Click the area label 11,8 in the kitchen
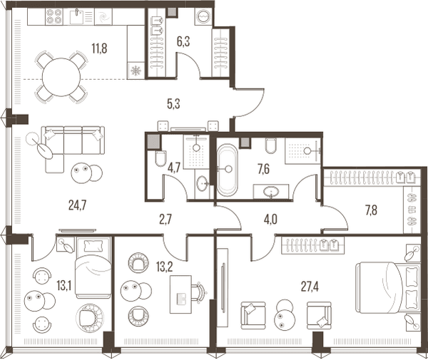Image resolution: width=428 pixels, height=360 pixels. [99, 48]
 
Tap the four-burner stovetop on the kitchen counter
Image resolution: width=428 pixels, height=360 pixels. [53, 16]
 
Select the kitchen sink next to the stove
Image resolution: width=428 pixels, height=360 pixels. [76, 16]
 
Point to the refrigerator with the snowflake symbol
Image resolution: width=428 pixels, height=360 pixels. [136, 71]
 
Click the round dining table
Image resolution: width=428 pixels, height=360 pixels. [61, 77]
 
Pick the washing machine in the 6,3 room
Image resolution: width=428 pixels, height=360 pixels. [203, 16]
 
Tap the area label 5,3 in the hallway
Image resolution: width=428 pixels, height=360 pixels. [173, 104]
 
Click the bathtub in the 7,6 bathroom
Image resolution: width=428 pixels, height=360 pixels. [227, 170]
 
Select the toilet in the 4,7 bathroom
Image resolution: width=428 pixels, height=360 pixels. [160, 158]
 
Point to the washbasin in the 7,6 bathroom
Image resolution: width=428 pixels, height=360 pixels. [271, 192]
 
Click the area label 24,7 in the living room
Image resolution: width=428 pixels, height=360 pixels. [78, 205]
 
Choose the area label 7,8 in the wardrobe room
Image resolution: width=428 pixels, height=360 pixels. [371, 210]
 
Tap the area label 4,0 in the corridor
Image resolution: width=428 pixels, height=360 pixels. [270, 220]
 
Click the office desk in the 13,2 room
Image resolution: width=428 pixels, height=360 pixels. [180, 294]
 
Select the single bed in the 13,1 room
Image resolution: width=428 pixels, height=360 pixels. [93, 267]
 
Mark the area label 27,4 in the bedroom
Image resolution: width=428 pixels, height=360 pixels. [310, 287]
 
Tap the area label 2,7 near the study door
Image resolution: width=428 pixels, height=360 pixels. [165, 220]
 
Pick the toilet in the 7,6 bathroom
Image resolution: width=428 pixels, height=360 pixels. [270, 146]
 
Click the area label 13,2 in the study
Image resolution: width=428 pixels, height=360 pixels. [165, 267]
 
